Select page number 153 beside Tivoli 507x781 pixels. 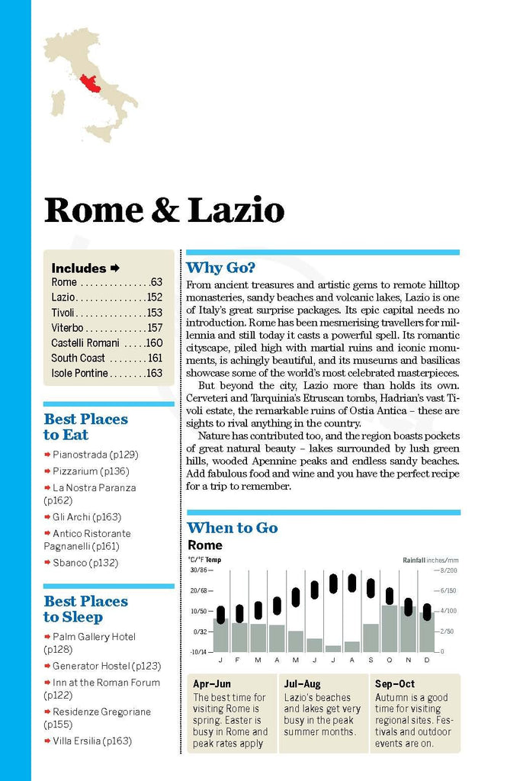pyautogui.click(x=154, y=313)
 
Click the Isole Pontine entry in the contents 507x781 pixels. pyautogui.click(x=80, y=373)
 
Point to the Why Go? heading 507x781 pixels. pyautogui.click(x=221, y=268)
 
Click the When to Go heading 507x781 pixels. pyautogui.click(x=233, y=528)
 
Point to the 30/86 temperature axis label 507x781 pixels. pyautogui.click(x=198, y=570)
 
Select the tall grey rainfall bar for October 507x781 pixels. pyautogui.click(x=390, y=628)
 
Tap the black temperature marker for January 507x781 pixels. pyautogui.click(x=220, y=614)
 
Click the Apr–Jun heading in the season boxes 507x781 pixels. pyautogui.click(x=213, y=684)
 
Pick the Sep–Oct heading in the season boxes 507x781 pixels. pyautogui.click(x=395, y=684)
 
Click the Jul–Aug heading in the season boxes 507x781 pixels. pyautogui.click(x=303, y=684)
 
